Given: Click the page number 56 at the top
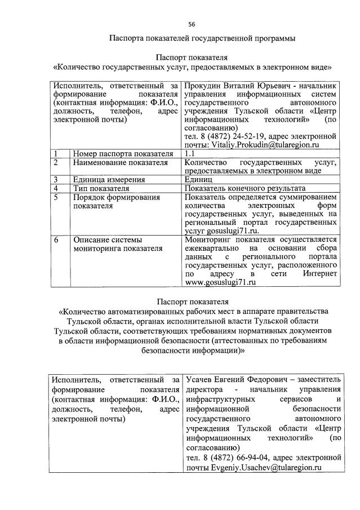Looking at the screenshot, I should point(192,24).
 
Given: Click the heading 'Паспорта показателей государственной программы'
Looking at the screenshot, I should point(202,38).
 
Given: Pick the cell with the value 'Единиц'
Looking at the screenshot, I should point(198,180).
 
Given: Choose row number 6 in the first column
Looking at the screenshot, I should point(56,240).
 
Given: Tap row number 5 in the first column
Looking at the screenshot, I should point(56,197).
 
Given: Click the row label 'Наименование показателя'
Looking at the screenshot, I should point(121,162).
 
